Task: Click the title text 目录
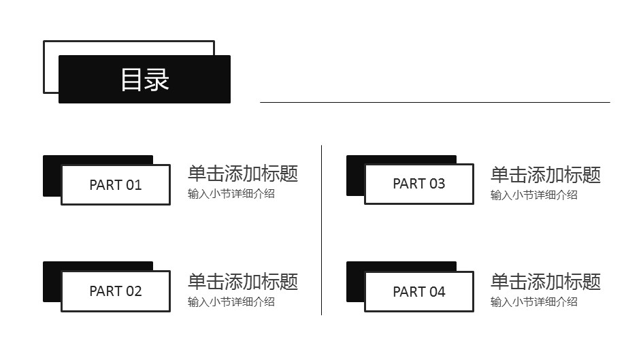click(x=144, y=80)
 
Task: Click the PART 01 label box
click(x=115, y=184)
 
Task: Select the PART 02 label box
click(x=115, y=291)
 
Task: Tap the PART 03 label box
click(x=418, y=184)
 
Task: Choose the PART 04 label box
click(x=418, y=292)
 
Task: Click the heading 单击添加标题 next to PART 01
click(x=243, y=174)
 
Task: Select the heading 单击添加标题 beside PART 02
click(x=243, y=281)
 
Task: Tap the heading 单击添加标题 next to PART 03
click(x=546, y=174)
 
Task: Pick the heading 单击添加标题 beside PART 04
click(x=546, y=281)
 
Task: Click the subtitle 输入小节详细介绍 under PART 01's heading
click(x=231, y=194)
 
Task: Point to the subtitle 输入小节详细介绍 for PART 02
click(x=231, y=301)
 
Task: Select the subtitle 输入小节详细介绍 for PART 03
click(x=534, y=195)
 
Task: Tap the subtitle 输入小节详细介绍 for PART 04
click(x=534, y=301)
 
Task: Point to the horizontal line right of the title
click(x=435, y=102)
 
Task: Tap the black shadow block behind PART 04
click(x=355, y=282)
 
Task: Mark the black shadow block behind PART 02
click(x=52, y=282)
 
